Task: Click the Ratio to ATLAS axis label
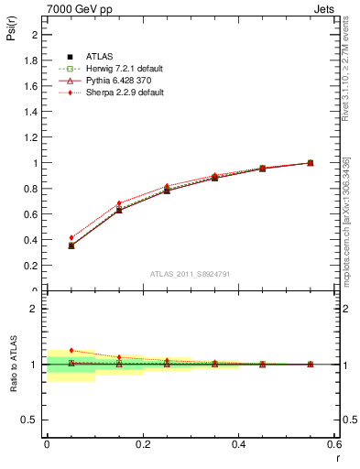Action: pyautogui.click(x=12, y=364)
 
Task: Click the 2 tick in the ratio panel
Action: pyautogui.click(x=36, y=309)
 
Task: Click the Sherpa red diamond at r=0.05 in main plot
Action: pyautogui.click(x=71, y=238)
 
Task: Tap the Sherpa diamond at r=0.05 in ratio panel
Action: pyautogui.click(x=71, y=350)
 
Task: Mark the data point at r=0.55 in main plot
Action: pyautogui.click(x=310, y=163)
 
